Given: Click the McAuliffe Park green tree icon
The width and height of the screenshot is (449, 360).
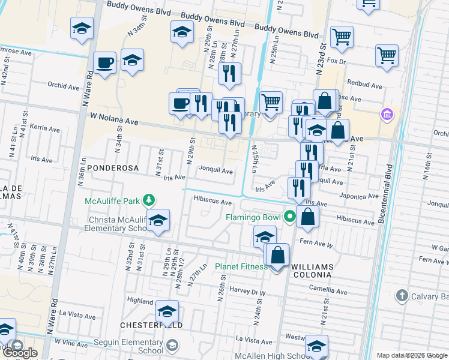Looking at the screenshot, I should pyautogui.click(x=153, y=200).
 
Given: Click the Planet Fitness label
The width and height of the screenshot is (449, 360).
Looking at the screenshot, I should pyautogui.click(x=241, y=266).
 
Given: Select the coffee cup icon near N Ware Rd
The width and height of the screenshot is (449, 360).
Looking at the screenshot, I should pyautogui.click(x=105, y=62).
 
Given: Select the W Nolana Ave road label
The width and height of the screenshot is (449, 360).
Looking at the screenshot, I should pyautogui.click(x=114, y=119).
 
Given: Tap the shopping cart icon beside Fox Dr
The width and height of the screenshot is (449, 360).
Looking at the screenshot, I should pyautogui.click(x=342, y=37).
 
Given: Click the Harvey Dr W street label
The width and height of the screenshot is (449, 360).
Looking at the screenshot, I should pyautogui.click(x=247, y=292).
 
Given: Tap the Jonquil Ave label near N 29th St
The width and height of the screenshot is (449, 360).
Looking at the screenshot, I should pyautogui.click(x=215, y=171).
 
